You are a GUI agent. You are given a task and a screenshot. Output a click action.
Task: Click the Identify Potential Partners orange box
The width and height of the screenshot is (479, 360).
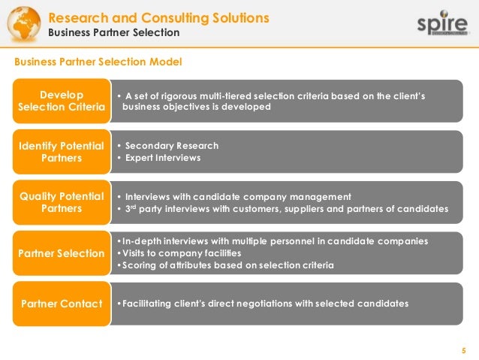pos(62,152)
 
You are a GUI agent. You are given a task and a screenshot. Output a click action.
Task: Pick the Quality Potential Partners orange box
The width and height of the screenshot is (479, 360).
pos(62,202)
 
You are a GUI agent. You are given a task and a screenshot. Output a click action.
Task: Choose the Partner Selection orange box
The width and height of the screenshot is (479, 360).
pos(62,253)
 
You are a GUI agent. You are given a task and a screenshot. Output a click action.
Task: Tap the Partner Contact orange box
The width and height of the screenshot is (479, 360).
pos(62,304)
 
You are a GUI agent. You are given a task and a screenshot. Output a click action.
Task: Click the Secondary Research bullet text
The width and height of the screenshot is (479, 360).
pos(172,146)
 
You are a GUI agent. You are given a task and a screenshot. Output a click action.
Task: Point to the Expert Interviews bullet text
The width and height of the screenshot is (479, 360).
pos(163,159)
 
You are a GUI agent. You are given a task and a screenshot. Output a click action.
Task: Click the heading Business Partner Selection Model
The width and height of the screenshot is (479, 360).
pos(98,61)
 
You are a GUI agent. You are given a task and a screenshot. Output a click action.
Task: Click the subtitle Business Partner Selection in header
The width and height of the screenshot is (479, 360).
pos(114,33)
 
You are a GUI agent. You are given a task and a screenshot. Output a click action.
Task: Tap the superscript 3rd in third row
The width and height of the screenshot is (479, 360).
pos(132,208)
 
